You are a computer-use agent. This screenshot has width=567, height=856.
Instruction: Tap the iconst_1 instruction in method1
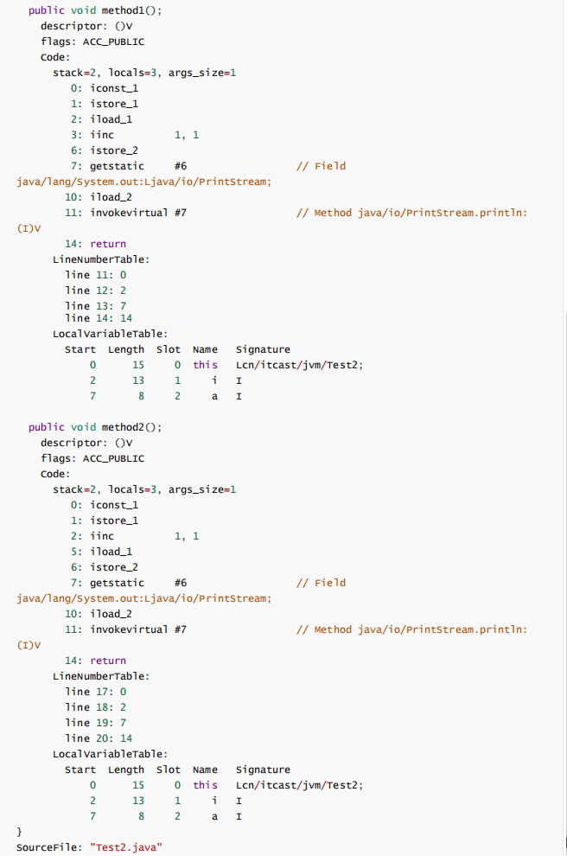[x=114, y=88]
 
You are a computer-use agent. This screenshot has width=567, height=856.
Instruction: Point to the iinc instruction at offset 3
[x=102, y=135]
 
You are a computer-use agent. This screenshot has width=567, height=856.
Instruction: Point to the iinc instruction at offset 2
[x=102, y=536]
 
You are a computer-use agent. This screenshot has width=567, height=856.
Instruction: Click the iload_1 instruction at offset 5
[x=111, y=552]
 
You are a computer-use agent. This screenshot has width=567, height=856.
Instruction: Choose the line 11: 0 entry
[x=96, y=275]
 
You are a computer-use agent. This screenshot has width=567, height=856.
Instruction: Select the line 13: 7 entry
[x=96, y=306]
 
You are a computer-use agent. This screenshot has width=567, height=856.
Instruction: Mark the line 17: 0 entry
[x=96, y=692]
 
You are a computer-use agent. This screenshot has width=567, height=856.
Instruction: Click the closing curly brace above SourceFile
[x=20, y=832]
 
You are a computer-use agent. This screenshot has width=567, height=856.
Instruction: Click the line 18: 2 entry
[x=96, y=707]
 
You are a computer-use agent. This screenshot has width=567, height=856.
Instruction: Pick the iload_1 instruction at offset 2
[x=111, y=119]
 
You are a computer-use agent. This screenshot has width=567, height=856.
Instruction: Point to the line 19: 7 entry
[x=96, y=723]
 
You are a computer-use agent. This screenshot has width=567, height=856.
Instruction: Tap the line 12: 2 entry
[x=96, y=291]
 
